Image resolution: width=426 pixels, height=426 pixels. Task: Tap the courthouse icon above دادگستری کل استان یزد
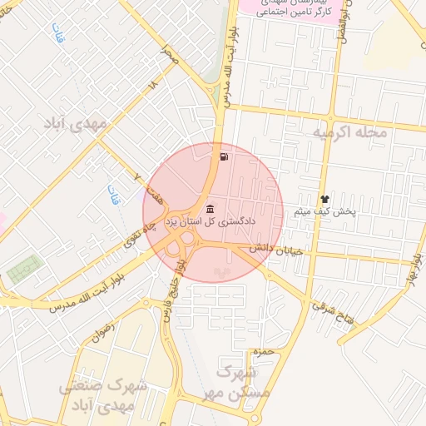[208, 208]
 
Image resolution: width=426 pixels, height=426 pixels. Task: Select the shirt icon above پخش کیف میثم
[324, 200]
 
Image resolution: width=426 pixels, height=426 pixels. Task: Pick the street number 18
[151, 86]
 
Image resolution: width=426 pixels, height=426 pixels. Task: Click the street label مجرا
[169, 57]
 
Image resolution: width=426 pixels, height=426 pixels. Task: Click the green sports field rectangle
[24, 270]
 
